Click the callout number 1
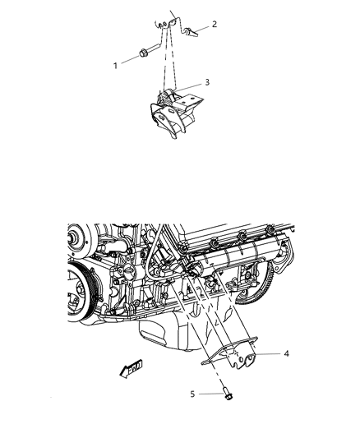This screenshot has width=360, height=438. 116,62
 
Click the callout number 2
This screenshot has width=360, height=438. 215,24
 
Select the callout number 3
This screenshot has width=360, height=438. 208,82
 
